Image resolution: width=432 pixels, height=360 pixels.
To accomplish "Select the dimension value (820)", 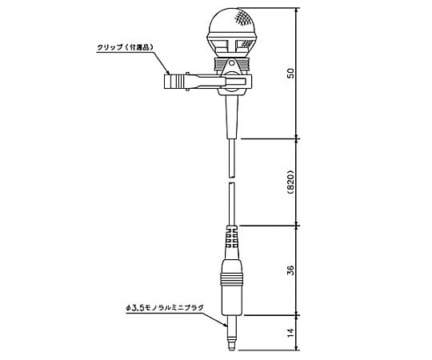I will pyautogui.click(x=290, y=182).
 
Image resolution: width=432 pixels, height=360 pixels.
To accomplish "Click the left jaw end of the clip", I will pyautogui.click(x=169, y=80).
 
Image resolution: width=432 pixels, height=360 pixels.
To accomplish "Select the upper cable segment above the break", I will pyautogui.click(x=230, y=156).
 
